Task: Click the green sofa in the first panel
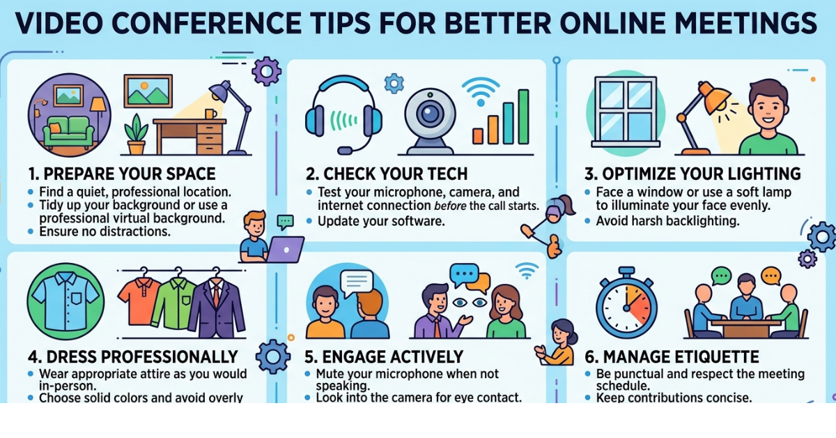point(68,133)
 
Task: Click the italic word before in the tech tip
point(449,206)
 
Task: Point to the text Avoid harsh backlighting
point(667,221)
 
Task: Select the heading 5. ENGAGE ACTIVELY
point(384,357)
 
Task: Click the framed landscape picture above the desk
point(148,91)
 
